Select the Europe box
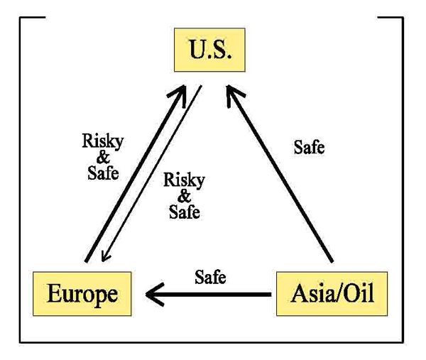82,293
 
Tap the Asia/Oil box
332,293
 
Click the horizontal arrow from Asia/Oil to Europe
213,293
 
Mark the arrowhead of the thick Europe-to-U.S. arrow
180,94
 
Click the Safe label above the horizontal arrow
210,276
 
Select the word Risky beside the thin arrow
184,180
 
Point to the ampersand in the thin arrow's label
184,196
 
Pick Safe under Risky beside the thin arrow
184,211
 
